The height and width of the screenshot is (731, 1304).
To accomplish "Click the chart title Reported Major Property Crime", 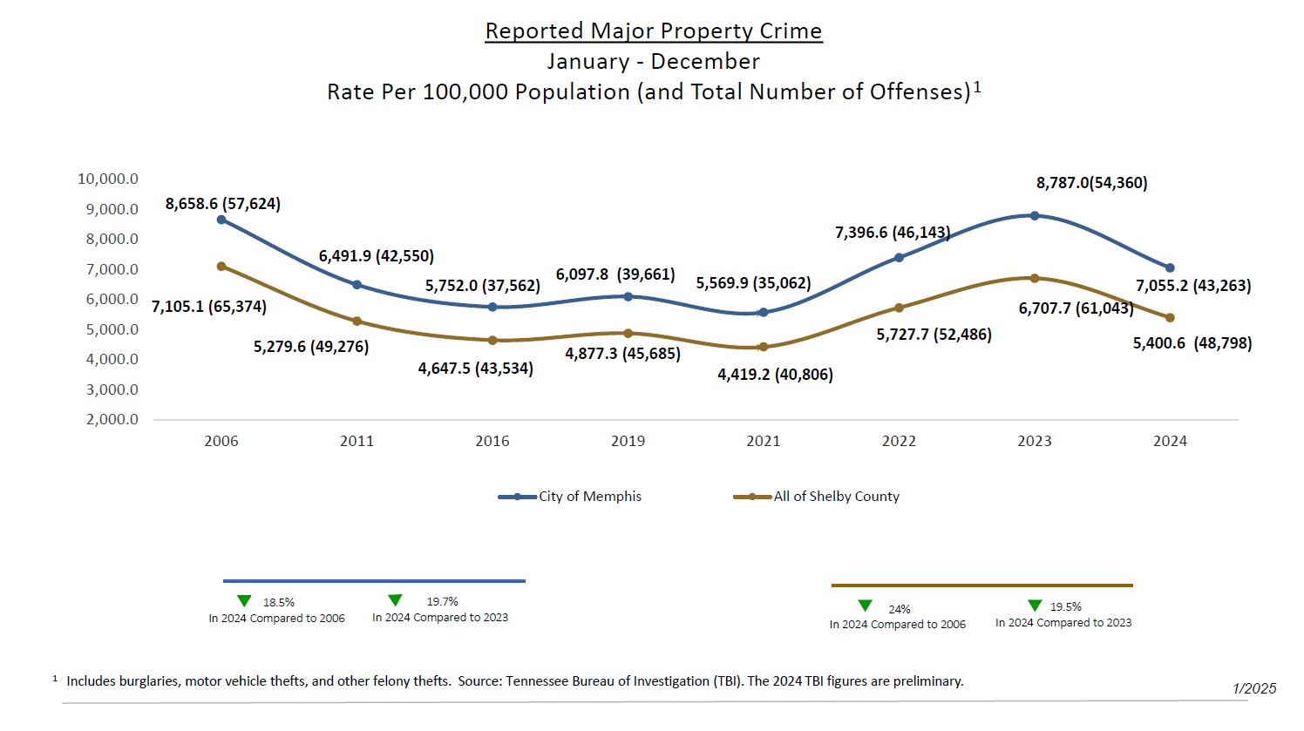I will coord(653,31).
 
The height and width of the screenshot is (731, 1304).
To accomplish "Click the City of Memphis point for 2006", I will coord(221,220).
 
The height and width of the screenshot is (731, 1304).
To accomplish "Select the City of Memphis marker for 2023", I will coord(1035,215).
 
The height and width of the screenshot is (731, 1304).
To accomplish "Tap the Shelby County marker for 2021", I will coord(764,347).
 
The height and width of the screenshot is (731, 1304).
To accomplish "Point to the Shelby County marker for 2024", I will coord(1170,318).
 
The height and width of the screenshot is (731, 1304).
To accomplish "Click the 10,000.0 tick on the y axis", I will coord(108,179).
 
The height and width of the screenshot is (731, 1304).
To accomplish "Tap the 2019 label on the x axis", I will coord(628,441).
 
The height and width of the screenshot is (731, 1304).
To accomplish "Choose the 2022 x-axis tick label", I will coord(899,441).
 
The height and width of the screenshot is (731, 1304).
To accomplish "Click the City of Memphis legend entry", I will coord(589,497).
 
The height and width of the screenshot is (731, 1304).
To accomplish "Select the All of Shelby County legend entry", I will coord(836,497).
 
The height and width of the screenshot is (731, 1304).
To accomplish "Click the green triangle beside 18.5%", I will coord(244,601).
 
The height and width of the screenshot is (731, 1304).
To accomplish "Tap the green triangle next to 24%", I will coord(866,606).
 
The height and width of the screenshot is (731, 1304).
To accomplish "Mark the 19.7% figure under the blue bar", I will coord(442,601).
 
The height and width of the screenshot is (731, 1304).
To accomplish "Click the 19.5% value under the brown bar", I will coord(1065,606).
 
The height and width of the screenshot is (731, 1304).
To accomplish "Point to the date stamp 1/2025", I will coord(1254,688).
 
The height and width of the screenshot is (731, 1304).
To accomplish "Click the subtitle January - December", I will coord(653,62).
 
